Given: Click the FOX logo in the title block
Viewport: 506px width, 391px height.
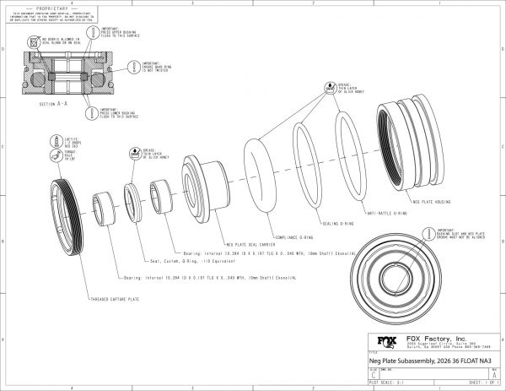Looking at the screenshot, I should [385, 343].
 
